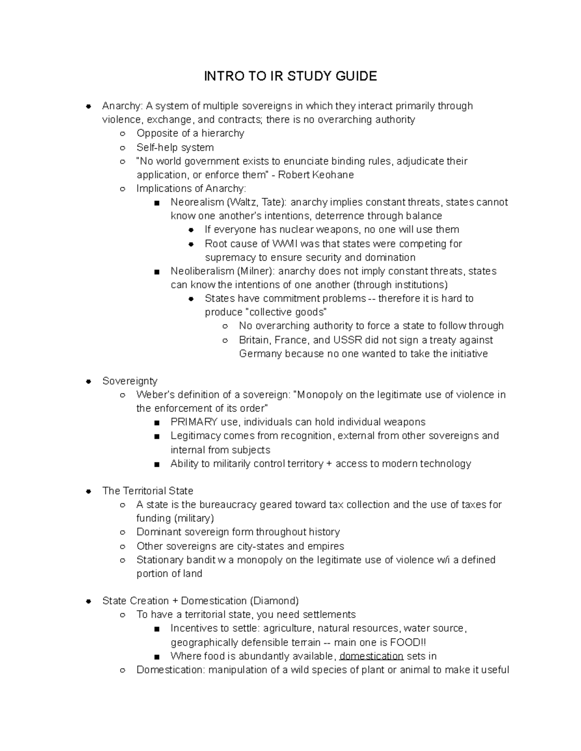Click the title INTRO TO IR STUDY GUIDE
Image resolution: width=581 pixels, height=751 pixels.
(x=290, y=76)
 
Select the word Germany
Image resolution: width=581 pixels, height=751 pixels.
(x=260, y=353)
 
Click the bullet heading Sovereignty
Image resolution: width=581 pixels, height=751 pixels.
(x=130, y=381)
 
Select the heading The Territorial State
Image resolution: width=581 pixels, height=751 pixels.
(x=148, y=491)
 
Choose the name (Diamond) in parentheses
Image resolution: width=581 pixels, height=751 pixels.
(x=274, y=601)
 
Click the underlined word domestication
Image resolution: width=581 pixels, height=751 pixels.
(x=371, y=656)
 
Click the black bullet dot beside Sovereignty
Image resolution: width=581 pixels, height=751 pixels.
(x=89, y=381)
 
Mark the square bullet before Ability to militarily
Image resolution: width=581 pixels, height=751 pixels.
(x=156, y=464)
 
